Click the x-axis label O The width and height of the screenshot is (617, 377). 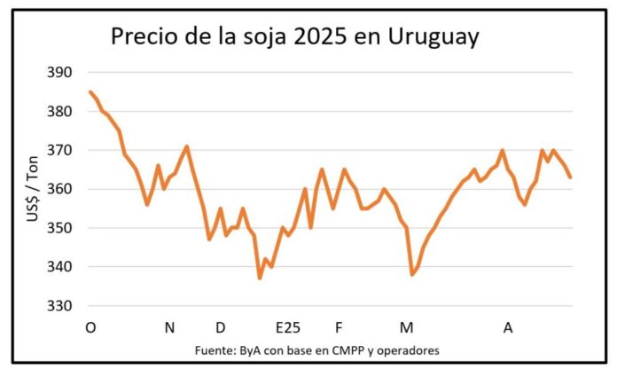(x=90, y=328)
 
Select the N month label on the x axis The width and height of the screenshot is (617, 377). (x=169, y=328)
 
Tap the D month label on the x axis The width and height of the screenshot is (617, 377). (x=221, y=328)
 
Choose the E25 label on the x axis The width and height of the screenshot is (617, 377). (x=288, y=328)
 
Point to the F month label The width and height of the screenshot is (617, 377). (x=339, y=328)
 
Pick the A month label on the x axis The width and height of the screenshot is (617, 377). (x=508, y=328)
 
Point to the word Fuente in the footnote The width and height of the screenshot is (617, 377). (x=213, y=350)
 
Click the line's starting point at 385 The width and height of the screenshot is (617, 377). (x=90, y=91)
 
